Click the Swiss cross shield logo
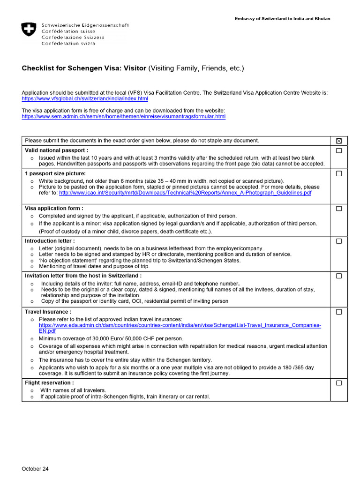click(x=28, y=30)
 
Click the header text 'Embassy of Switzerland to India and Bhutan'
click(x=282, y=19)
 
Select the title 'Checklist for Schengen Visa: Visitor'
click(x=84, y=68)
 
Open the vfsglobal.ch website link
click(x=85, y=99)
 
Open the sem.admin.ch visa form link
click(x=123, y=116)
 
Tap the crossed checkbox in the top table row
click(x=339, y=141)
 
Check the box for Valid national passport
click(x=339, y=151)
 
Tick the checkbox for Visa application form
click(x=339, y=209)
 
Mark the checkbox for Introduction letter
click(x=339, y=241)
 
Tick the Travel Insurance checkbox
click(x=339, y=312)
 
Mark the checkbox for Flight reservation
click(x=339, y=383)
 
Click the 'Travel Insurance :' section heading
click(x=48, y=312)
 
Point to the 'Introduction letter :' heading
click(x=50, y=241)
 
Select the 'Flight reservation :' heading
click(x=49, y=383)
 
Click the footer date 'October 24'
click(x=35, y=469)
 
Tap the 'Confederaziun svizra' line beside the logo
click(x=68, y=44)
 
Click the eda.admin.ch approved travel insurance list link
click(x=180, y=325)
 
